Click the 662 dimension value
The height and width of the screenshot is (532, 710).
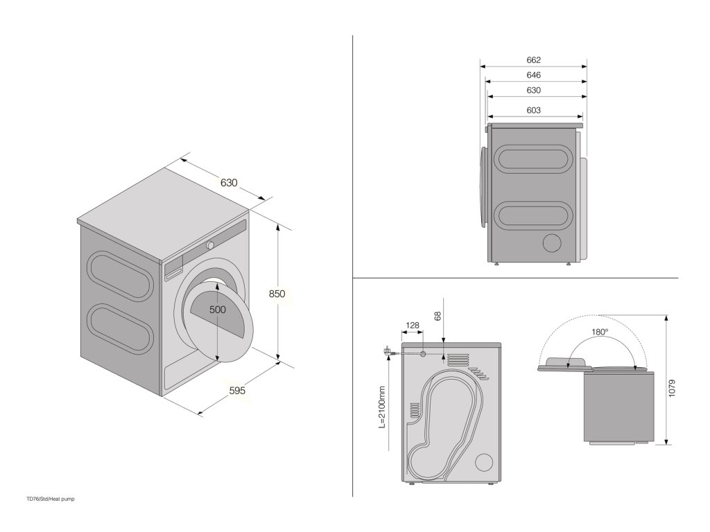click(533, 60)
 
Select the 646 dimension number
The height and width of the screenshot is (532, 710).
click(533, 76)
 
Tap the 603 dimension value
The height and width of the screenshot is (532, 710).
click(533, 111)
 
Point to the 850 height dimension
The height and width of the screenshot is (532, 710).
click(277, 294)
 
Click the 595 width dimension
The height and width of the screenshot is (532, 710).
click(237, 391)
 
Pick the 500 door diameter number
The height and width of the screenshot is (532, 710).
click(218, 310)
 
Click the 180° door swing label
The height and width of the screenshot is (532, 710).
click(600, 332)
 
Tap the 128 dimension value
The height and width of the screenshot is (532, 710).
click(412, 325)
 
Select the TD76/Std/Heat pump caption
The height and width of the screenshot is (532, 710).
click(50, 499)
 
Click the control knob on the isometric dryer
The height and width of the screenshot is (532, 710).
click(209, 245)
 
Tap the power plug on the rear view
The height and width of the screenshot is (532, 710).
click(385, 352)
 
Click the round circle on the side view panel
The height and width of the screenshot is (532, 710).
click(553, 243)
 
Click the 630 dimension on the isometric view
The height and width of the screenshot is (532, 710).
click(229, 183)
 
